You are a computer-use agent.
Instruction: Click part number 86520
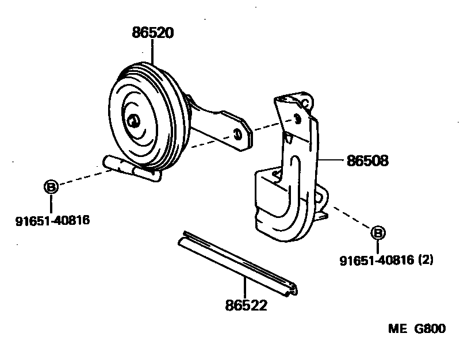click(152, 34)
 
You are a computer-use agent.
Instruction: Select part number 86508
click(367, 161)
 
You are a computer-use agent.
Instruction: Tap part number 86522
click(246, 305)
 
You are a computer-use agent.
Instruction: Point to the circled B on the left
click(51, 187)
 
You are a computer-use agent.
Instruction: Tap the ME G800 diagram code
click(416, 329)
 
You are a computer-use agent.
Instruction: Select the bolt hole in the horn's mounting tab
click(237, 134)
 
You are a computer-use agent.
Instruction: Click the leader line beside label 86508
click(332, 162)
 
